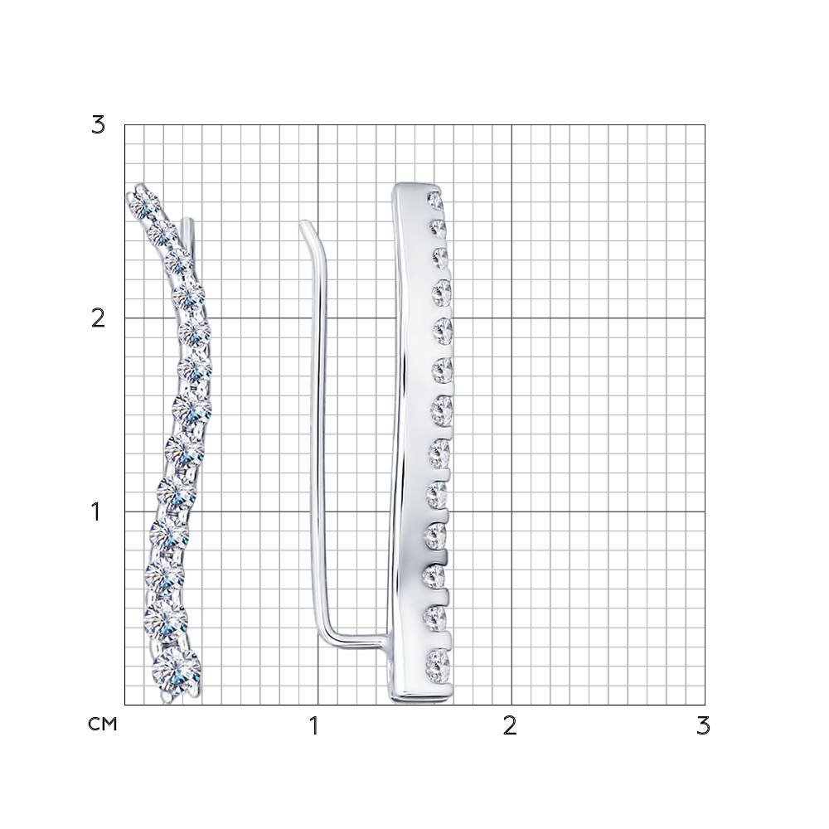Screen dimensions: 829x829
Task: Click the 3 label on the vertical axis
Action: coord(99,125)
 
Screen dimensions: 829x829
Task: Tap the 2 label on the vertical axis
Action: coord(99,318)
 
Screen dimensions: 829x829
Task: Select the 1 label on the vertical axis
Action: coord(95,511)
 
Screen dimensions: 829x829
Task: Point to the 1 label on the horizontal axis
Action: coord(314,726)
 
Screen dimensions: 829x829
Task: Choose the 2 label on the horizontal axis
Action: coord(509,726)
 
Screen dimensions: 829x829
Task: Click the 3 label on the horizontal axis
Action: coord(703,726)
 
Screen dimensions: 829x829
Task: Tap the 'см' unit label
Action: coord(102,724)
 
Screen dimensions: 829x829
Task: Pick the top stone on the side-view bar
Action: coord(436,200)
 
